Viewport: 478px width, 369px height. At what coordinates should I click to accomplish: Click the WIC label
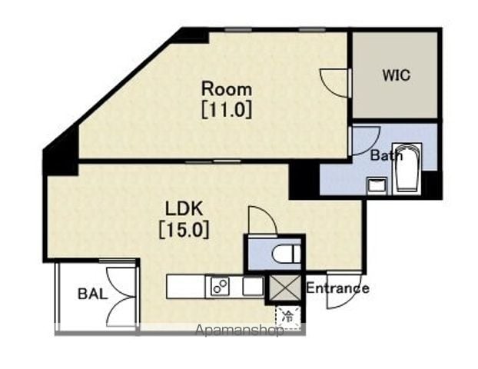[397, 75]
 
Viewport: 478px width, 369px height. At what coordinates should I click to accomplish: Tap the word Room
[227, 89]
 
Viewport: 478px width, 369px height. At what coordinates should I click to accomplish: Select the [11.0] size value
[227, 109]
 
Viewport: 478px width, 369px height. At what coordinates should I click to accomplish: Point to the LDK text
[184, 209]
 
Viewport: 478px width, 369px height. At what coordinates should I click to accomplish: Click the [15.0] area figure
[184, 229]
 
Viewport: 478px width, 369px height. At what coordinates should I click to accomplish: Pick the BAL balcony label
[93, 294]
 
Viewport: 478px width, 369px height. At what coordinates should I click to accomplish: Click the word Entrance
[337, 288]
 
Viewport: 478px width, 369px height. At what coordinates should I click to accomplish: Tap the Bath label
[387, 155]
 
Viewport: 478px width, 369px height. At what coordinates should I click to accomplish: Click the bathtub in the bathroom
[407, 168]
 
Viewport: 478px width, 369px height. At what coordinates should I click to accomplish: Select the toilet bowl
[286, 254]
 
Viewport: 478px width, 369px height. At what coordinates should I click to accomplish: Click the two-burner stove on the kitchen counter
[220, 286]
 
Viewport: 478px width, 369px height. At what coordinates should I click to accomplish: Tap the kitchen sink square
[253, 286]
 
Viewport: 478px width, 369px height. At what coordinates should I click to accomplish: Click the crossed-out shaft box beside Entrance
[285, 288]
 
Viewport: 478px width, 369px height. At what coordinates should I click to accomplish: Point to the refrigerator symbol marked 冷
[287, 317]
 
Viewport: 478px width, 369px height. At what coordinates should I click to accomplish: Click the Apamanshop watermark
[239, 331]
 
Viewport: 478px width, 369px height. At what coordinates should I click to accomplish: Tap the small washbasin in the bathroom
[377, 185]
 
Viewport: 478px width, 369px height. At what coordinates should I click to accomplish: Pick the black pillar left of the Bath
[304, 181]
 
